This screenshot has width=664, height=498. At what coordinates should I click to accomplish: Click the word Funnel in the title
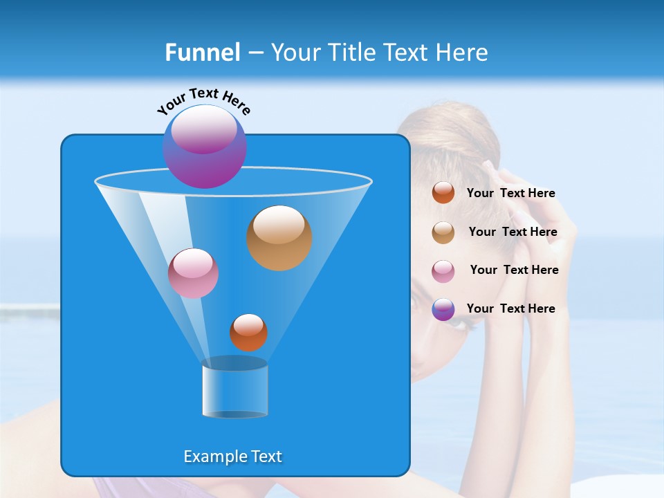coord(203,53)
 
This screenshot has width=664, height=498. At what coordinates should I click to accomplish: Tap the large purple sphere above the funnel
coord(205,147)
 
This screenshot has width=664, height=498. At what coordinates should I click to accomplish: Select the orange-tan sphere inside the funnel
coord(279,238)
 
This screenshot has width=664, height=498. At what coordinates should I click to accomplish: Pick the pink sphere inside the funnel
coord(193,273)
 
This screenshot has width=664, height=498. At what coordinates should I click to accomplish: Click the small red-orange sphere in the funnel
coord(248,333)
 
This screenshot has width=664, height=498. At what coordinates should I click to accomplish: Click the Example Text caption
coord(232,456)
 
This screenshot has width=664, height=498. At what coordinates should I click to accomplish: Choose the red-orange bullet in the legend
coord(443,193)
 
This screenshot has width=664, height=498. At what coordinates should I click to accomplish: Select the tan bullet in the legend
coord(443,232)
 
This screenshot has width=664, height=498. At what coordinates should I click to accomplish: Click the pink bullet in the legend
coord(443,271)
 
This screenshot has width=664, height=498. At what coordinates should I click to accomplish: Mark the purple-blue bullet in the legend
coord(443,309)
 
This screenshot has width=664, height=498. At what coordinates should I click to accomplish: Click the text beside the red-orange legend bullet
coord(510,194)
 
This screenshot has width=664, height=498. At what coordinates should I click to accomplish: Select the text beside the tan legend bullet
coord(513,232)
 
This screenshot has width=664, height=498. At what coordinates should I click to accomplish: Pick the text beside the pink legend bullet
coord(514,270)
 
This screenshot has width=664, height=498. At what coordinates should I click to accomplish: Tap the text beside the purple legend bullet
coord(510,308)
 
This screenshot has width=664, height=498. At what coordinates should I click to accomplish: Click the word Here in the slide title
coord(463,53)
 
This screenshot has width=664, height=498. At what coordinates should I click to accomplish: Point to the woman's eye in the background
coord(415,303)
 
